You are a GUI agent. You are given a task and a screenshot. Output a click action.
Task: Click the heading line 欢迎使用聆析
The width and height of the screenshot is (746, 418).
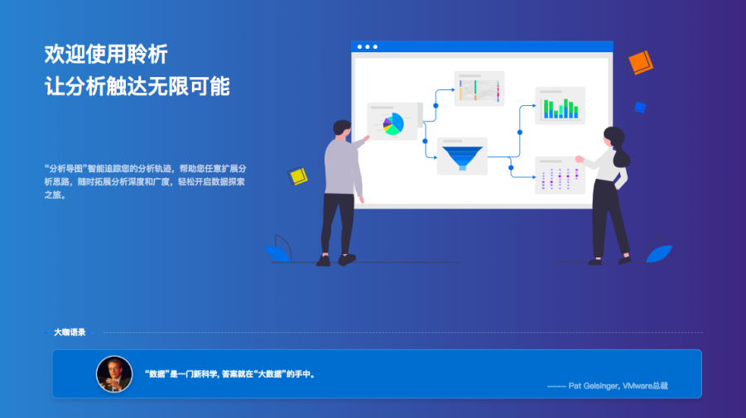click(106, 54)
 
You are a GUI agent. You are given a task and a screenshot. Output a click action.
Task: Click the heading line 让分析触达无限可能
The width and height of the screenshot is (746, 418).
click(137, 87)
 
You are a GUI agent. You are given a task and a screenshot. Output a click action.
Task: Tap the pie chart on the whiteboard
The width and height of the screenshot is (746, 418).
click(393, 123)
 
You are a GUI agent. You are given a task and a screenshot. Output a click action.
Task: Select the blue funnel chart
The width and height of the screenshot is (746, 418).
click(462, 157)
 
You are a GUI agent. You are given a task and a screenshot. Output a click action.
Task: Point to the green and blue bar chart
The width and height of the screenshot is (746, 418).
click(561, 108)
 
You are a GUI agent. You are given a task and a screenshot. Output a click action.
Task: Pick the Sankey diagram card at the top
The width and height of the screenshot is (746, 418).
click(479, 89)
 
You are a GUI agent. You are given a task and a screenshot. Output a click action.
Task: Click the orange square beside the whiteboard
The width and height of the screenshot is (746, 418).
click(640, 62)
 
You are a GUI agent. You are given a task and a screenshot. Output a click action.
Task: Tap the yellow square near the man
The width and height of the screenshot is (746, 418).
click(298, 176)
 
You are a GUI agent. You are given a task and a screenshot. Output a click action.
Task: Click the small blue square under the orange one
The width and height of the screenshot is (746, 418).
click(640, 107)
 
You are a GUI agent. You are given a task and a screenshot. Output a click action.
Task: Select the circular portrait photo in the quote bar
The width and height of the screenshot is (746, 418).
click(114, 374)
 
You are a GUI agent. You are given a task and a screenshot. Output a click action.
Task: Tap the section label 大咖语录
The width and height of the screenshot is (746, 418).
click(70, 333)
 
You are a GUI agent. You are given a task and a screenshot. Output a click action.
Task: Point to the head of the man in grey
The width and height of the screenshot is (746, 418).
click(342, 129)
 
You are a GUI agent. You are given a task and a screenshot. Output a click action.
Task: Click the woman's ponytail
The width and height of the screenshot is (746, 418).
click(621, 156)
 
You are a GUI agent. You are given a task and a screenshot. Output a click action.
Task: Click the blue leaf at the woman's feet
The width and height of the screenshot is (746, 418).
click(659, 253)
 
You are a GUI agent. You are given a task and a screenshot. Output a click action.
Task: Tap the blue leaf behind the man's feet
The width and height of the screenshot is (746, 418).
click(277, 253)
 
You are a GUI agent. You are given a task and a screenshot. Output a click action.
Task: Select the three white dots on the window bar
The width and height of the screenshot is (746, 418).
click(368, 46)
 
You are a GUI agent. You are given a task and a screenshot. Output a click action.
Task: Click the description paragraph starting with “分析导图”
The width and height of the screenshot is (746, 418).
click(145, 181)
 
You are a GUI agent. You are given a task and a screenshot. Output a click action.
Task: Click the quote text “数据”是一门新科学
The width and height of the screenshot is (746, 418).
click(181, 374)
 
